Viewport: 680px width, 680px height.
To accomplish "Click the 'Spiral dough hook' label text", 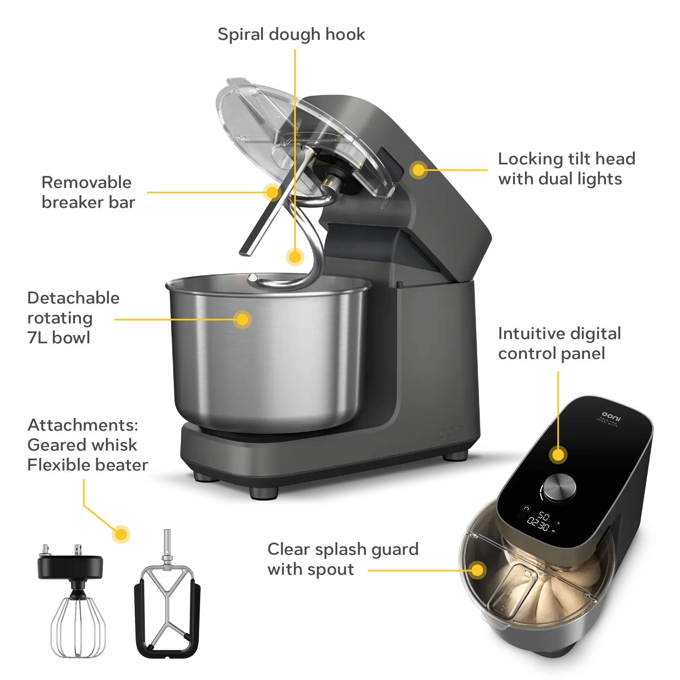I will [292, 35].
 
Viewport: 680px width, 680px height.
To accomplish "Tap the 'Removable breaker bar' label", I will [88, 193].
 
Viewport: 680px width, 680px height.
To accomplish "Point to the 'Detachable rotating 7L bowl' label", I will [72, 318].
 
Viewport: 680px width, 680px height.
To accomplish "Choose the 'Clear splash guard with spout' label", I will [342, 559].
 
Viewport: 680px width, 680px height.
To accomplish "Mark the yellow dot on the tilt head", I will [418, 170].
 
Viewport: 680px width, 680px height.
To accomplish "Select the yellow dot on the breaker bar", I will [272, 192].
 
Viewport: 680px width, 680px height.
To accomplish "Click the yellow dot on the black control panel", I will [558, 455].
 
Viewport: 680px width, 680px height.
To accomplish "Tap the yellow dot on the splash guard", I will [477, 570].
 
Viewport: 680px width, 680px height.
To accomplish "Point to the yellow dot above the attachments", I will [122, 534].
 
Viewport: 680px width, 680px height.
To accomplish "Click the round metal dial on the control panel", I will [559, 487].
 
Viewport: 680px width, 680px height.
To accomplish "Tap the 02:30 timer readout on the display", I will [538, 525].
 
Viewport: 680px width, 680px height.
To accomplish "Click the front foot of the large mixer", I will [264, 492].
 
